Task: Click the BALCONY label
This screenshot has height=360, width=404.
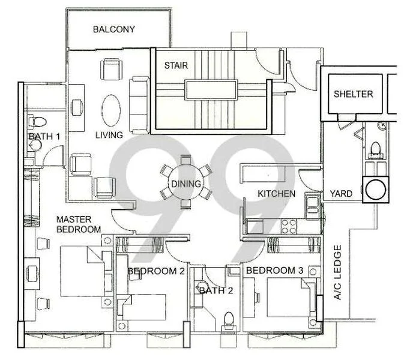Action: point(113,29)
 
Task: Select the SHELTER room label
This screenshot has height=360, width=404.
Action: point(353,94)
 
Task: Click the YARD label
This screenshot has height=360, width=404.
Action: point(341,194)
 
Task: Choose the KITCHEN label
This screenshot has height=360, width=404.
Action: point(276,194)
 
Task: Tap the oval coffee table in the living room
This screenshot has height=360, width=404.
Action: point(112,109)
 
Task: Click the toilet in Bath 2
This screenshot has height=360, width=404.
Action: point(228,319)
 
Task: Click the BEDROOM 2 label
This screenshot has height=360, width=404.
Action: point(155,271)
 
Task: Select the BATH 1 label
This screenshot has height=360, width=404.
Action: point(44,137)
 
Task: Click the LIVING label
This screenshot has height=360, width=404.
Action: point(109,135)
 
